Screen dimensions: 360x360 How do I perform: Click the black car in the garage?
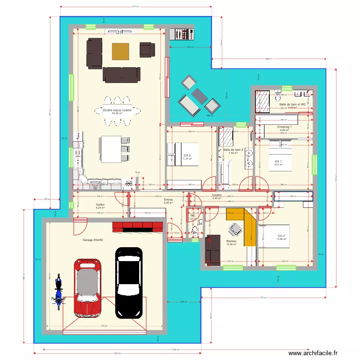point(129,282)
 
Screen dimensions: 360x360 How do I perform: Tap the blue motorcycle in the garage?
point(58,291)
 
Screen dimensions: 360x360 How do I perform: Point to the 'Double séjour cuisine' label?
point(117,110)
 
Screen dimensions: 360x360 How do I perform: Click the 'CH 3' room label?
point(187,156)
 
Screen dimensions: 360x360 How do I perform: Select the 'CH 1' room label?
point(278,161)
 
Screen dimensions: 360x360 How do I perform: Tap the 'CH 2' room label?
point(281,236)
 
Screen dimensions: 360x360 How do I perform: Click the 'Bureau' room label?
point(232,241)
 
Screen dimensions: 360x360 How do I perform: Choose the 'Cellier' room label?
point(100,204)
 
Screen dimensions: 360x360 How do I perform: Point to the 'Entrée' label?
point(168,200)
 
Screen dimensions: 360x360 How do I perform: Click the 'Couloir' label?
point(216,195)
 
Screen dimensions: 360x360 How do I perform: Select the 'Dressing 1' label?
point(285,127)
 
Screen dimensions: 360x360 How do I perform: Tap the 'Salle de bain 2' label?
point(233,150)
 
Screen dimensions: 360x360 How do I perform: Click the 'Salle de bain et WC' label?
point(293,104)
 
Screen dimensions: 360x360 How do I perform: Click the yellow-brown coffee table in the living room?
point(120,51)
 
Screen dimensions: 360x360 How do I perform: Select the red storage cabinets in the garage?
point(139,226)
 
